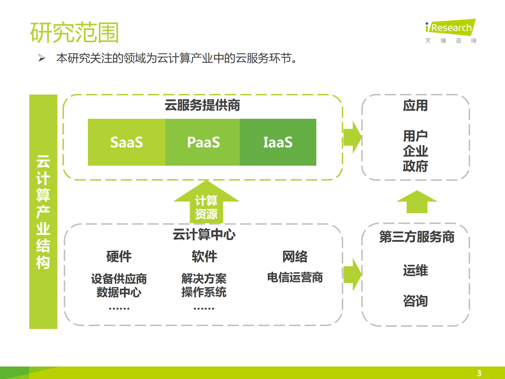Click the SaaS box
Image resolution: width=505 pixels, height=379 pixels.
click(127, 142)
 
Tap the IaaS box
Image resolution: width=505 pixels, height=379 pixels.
click(278, 142)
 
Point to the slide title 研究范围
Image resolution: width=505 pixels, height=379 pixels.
click(74, 33)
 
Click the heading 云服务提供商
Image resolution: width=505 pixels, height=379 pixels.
click(202, 105)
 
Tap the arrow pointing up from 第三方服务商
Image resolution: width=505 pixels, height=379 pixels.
click(417, 202)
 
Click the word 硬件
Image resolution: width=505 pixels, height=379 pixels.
click(119, 256)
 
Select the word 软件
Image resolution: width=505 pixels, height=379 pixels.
click(204, 256)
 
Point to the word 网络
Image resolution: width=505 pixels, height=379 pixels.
click(295, 256)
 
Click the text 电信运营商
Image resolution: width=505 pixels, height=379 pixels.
click(295, 277)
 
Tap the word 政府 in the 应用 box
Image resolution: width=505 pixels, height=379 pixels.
click(415, 166)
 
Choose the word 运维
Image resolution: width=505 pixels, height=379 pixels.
click(415, 270)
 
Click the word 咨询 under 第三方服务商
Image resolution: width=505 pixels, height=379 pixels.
click(415, 301)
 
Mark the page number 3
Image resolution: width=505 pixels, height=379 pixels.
click(479, 373)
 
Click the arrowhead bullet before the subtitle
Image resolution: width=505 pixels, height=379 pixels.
click(42, 58)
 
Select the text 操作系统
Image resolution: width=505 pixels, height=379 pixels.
click(204, 292)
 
